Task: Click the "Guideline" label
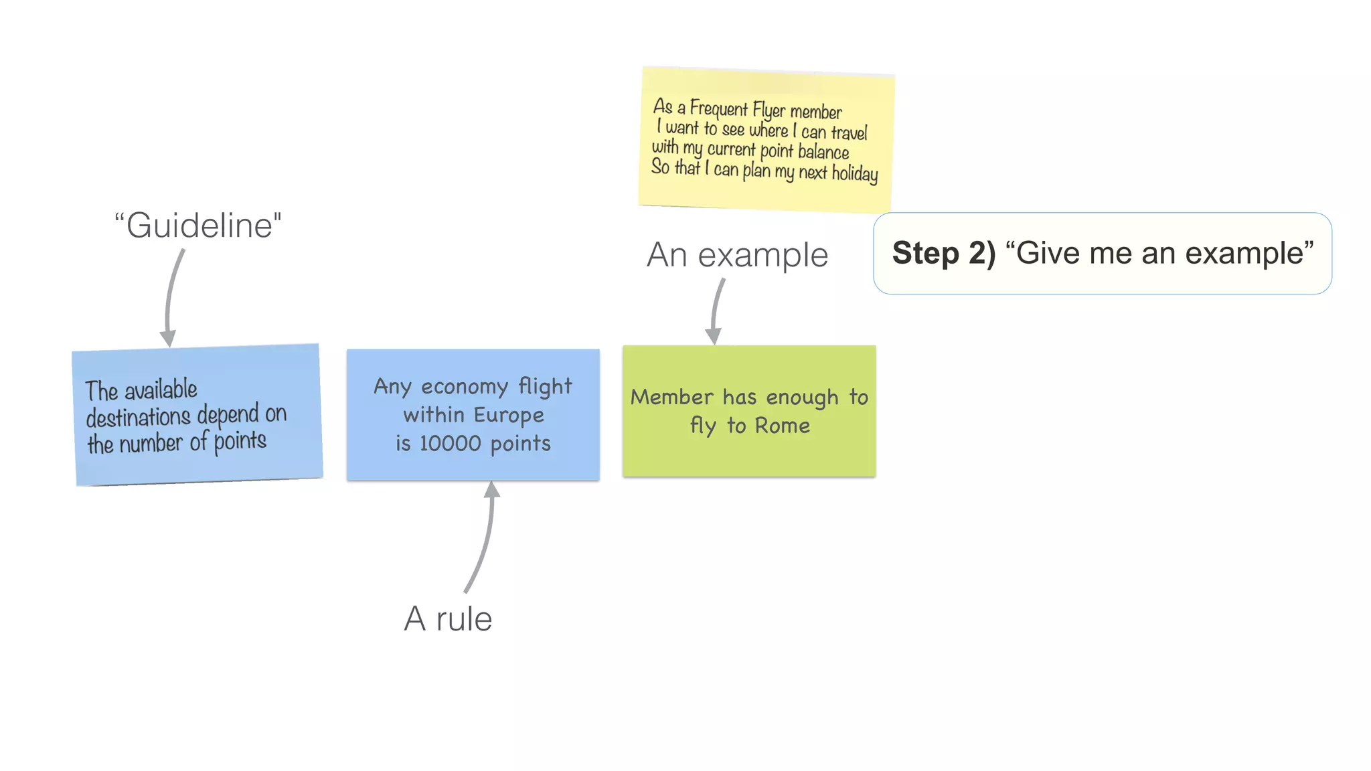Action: (198, 226)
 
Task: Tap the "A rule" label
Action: (448, 618)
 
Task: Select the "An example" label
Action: (737, 255)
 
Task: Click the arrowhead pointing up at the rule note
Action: (492, 489)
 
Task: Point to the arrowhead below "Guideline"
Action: (168, 337)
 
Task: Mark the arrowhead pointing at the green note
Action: (714, 335)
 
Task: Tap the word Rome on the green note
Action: (782, 426)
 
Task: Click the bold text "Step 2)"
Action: (943, 253)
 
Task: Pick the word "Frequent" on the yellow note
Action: (718, 108)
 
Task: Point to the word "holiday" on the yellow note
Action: (854, 173)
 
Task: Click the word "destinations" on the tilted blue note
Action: (139, 417)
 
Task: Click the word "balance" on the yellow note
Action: (823, 152)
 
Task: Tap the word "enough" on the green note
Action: (802, 398)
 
